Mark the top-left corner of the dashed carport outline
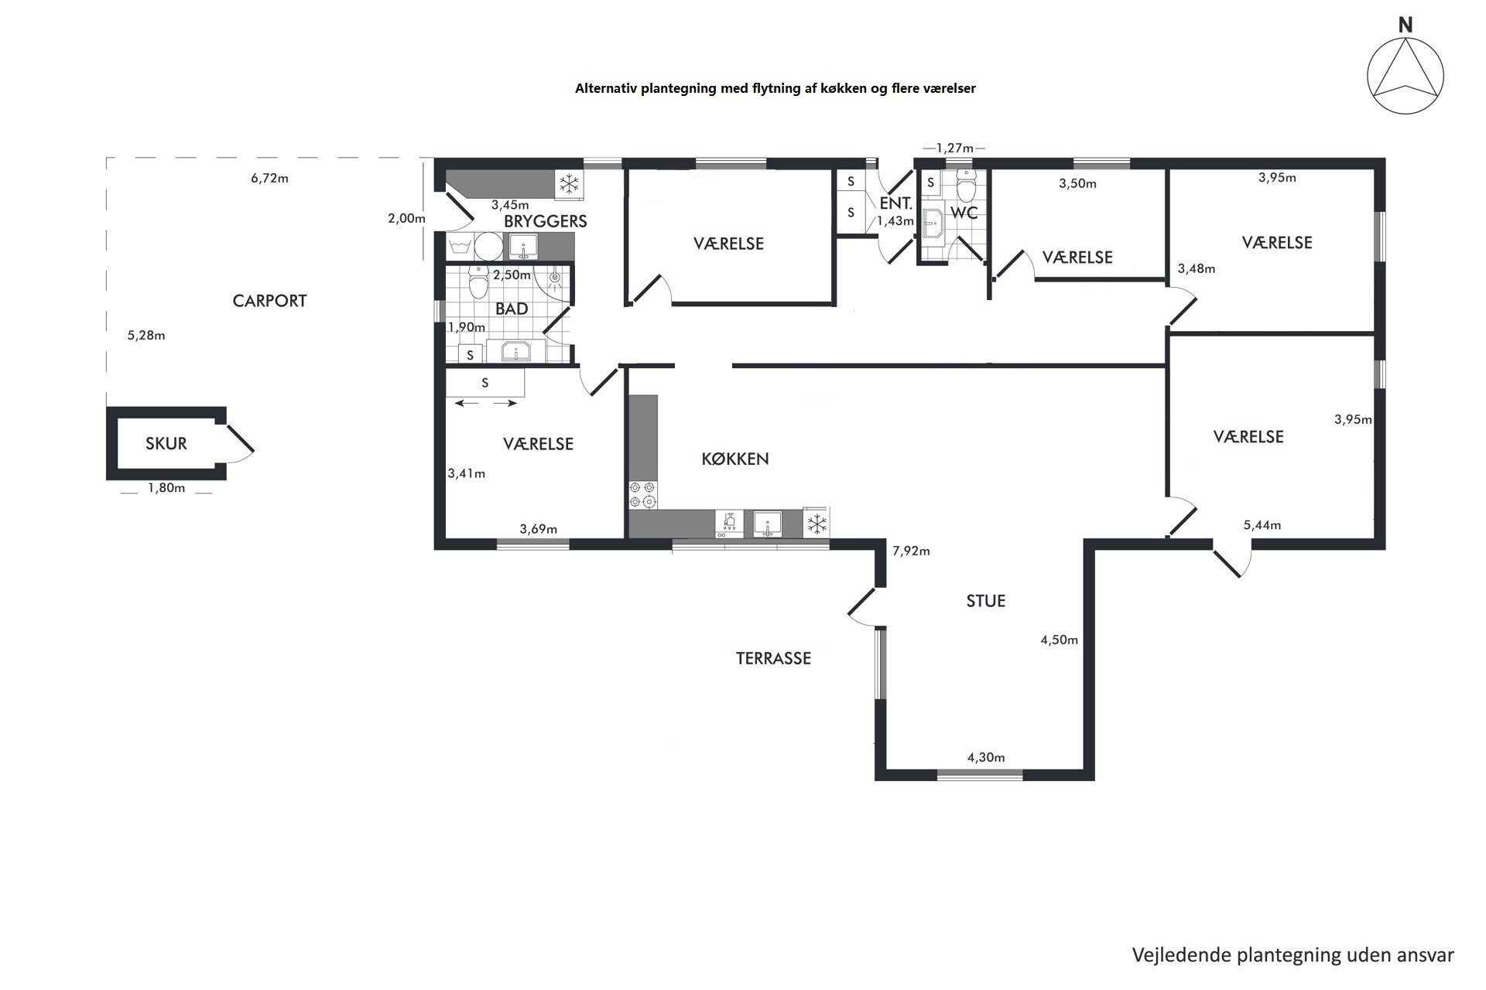click(x=107, y=158)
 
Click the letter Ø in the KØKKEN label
click(x=719, y=459)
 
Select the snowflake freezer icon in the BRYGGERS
click(x=570, y=184)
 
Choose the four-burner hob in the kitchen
click(x=642, y=494)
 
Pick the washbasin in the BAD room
click(x=515, y=352)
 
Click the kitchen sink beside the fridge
click(x=768, y=523)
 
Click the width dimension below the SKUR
click(x=166, y=488)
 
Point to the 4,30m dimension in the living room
click(x=986, y=757)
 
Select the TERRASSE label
click(x=773, y=658)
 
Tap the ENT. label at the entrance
click(x=896, y=204)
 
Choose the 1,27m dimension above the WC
click(x=954, y=148)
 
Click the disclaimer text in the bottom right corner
click(x=1293, y=954)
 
